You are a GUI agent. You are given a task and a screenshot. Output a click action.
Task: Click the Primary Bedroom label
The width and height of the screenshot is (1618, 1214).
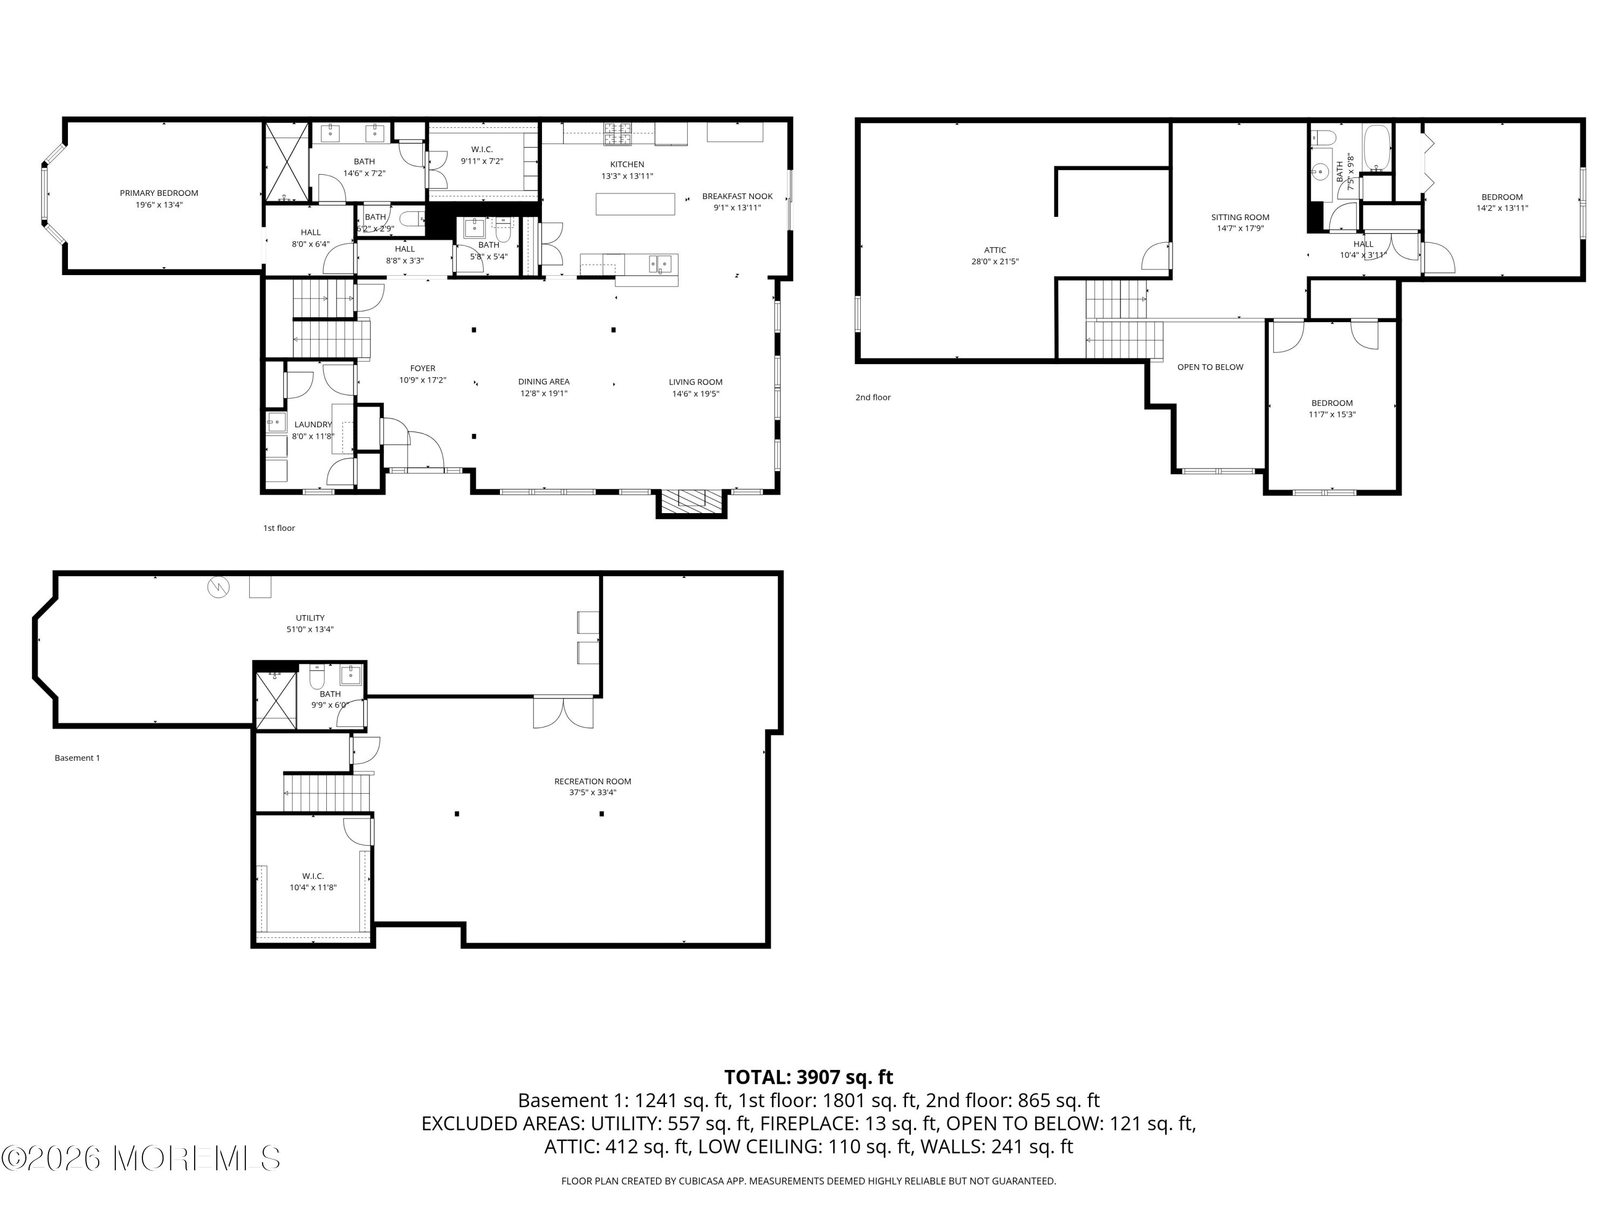[159, 193]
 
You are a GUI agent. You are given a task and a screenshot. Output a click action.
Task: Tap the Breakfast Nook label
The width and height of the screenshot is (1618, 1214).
[737, 196]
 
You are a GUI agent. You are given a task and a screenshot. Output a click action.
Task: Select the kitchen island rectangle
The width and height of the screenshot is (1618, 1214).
[635, 203]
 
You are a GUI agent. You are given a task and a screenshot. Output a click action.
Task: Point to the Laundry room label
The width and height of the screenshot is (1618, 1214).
[313, 425]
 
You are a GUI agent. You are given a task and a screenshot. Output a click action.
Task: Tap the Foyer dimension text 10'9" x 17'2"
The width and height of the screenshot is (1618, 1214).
[423, 380]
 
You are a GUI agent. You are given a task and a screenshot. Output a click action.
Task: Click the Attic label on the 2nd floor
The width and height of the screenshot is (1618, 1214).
[995, 250]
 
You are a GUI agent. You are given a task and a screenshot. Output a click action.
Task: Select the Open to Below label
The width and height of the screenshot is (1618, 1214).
[1210, 367]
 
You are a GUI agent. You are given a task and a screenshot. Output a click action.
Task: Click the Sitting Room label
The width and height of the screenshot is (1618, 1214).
[1240, 217]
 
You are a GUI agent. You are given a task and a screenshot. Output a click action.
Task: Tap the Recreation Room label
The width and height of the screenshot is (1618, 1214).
[593, 781]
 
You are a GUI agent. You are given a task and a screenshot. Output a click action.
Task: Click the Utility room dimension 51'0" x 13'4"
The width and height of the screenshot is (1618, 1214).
[310, 629]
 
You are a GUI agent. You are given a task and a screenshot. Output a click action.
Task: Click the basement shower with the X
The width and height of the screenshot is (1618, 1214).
[276, 700]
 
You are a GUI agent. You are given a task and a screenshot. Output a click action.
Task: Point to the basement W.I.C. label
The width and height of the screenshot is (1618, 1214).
[313, 876]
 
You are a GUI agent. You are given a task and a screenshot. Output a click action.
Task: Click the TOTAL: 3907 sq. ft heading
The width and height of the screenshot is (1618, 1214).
[808, 1077]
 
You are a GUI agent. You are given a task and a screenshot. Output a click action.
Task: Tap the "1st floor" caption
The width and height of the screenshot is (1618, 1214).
[279, 528]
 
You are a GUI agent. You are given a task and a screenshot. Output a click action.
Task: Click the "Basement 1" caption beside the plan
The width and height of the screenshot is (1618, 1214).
[77, 758]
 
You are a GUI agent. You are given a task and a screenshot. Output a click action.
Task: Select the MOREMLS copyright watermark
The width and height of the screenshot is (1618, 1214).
[140, 1158]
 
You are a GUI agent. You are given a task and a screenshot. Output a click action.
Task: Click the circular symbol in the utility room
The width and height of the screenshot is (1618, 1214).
[219, 587]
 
